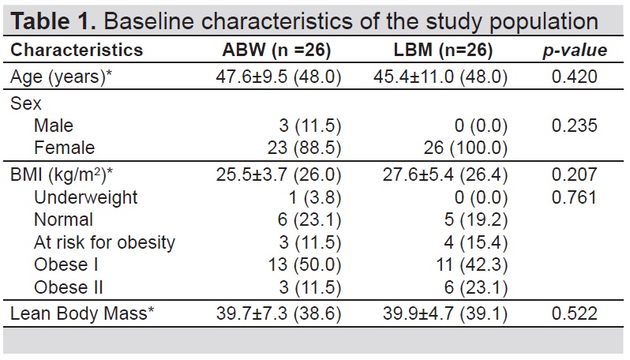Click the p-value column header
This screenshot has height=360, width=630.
tap(575, 51)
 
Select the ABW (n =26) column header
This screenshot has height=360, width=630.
tap(276, 50)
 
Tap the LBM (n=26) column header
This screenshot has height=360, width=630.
tap(443, 50)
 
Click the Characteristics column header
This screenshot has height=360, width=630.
tap(77, 50)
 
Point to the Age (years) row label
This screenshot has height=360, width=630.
tap(61, 77)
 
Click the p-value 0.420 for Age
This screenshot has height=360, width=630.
tap(575, 77)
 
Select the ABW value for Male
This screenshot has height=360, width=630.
tap(309, 126)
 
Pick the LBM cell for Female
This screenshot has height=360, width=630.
tap(465, 148)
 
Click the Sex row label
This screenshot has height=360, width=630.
tap(26, 103)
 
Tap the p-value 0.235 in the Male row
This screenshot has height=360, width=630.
tap(575, 126)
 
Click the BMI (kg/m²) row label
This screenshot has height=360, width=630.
tap(62, 174)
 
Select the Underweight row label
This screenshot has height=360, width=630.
tap(85, 197)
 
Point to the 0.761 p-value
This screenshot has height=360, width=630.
tap(575, 197)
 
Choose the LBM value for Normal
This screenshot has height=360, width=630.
tap(476, 219)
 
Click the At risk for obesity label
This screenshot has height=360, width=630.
tap(104, 242)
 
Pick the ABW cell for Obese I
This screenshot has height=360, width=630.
tap(305, 264)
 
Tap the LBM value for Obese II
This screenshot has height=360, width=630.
tap(476, 287)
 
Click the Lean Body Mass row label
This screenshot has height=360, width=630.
tap(82, 313)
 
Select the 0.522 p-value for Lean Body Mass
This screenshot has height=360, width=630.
tap(575, 313)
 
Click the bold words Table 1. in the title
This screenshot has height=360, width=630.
tap(53, 21)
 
